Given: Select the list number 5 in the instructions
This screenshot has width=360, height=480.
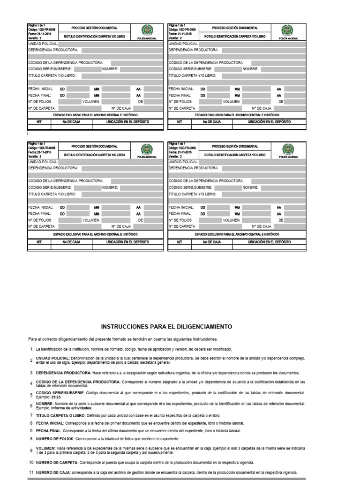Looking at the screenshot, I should click(x=31, y=395).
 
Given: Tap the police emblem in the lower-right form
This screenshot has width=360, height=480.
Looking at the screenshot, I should click(x=287, y=149).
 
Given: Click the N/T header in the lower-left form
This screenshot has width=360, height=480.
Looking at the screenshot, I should click(x=40, y=242).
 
